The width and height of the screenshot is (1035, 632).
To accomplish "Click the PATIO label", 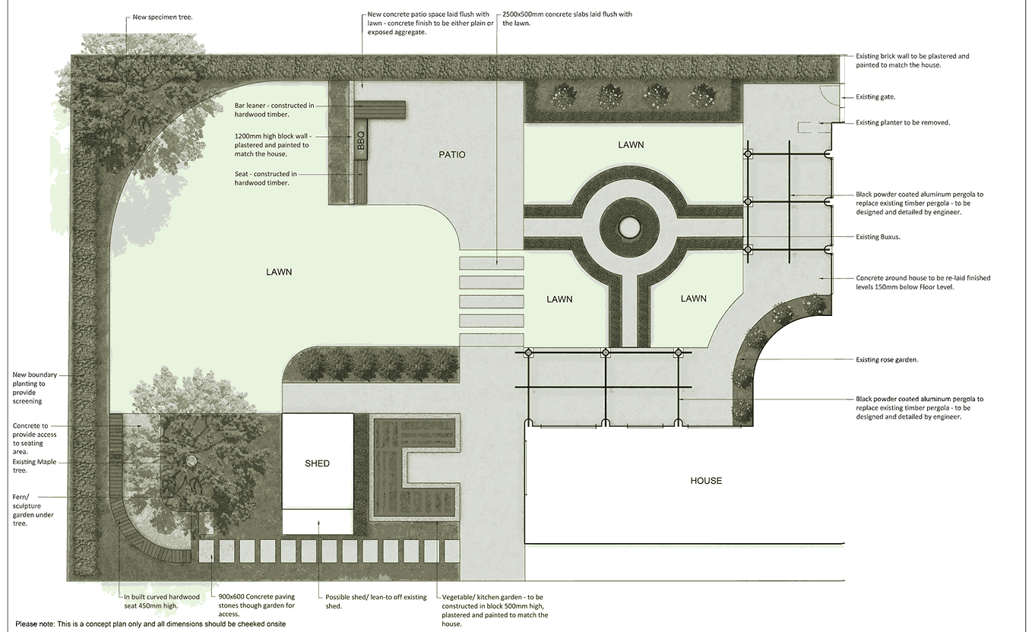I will [451, 155].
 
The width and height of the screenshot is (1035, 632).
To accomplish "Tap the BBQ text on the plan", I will [361, 141].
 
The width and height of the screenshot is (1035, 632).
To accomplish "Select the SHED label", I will [317, 463].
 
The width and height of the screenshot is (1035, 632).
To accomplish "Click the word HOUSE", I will [706, 481].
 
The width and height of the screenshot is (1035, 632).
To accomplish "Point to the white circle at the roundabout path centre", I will [630, 226].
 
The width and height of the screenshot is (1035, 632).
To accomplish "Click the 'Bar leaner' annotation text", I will [274, 110].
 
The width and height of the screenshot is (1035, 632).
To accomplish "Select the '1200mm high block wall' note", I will [272, 144].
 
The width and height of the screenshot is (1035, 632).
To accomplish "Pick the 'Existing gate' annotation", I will [876, 97].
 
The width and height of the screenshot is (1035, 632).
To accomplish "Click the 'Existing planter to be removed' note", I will [902, 122].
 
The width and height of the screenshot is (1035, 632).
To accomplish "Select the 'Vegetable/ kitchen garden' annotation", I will [494, 610].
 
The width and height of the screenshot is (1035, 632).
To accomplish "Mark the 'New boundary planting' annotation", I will [34, 387].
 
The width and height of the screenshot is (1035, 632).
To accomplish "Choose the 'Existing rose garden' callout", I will [887, 359].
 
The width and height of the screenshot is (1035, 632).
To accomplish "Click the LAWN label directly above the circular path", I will [631, 145].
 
